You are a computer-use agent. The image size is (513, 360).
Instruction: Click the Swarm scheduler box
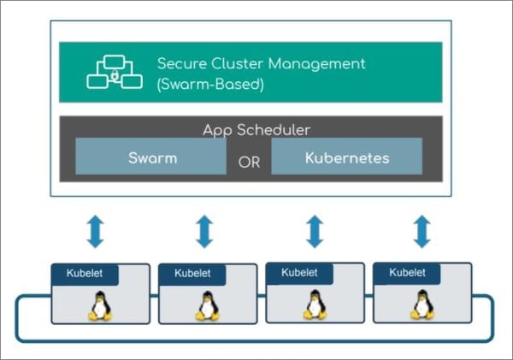pos(150,156)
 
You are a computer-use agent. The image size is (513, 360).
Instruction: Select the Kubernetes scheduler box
pos(347,156)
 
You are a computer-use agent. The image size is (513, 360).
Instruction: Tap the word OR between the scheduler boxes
pos(249,162)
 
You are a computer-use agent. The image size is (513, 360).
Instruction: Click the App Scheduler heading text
pos(256,130)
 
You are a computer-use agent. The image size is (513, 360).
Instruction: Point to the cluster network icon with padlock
pos(115,72)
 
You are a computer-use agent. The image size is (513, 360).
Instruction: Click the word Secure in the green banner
pos(182,63)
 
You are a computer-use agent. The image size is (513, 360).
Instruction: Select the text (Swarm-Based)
pos(210,85)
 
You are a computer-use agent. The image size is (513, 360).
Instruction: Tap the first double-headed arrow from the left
pos(95,232)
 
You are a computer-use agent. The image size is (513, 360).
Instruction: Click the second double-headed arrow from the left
pos(204,232)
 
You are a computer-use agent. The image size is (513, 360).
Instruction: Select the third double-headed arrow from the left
pos(315,232)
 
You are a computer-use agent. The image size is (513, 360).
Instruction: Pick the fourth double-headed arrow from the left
pos(422,232)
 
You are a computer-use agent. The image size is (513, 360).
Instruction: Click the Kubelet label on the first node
pos(85,274)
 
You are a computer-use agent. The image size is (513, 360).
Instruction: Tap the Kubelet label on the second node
pos(192,274)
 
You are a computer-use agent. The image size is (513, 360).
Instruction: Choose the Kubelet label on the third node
pos(299,273)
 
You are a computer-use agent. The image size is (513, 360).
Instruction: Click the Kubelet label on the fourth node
pos(407,273)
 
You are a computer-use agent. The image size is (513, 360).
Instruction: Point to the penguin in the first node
pos(100,306)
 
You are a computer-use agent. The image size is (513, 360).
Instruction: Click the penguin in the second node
pos(208,306)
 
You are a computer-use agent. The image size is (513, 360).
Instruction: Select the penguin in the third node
pos(315,304)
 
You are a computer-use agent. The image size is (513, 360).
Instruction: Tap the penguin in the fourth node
pos(422,304)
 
